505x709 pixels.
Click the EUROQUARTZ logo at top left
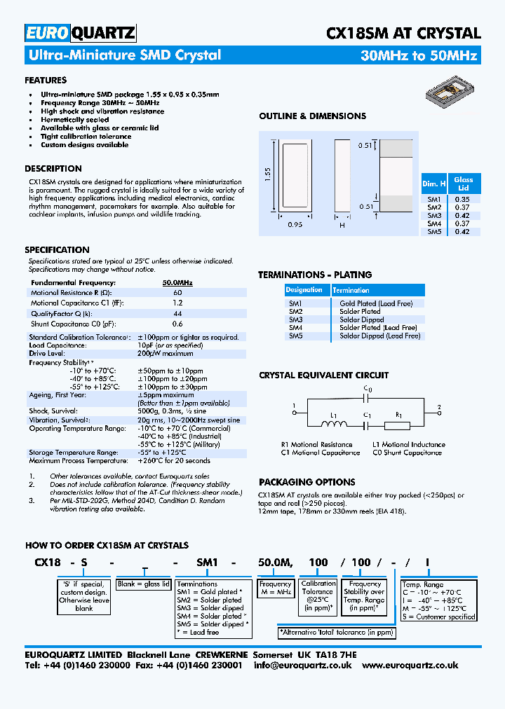[x=80, y=34]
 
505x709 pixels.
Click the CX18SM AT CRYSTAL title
[x=403, y=34]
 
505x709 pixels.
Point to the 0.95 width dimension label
[x=295, y=225]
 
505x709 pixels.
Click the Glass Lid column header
[x=463, y=184]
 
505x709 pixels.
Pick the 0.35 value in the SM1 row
[x=462, y=199]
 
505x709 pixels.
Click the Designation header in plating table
[x=304, y=290]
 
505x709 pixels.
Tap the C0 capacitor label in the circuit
[x=368, y=390]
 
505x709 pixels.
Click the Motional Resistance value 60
[x=177, y=292]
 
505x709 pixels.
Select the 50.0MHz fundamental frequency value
[x=177, y=282]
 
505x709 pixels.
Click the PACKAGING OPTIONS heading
[x=307, y=482]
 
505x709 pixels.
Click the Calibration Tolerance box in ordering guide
[x=318, y=596]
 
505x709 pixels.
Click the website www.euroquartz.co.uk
[x=410, y=666]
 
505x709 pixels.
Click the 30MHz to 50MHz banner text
[x=419, y=56]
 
